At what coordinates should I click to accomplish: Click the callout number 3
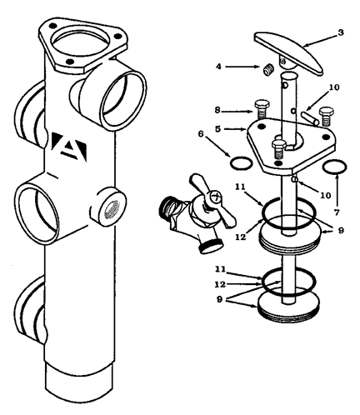(340, 32)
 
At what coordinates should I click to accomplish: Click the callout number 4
(219, 67)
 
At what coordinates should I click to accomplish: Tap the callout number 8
(217, 110)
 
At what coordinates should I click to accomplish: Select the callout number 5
(218, 129)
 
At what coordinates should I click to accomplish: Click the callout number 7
(337, 212)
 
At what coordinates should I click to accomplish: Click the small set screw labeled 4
(268, 70)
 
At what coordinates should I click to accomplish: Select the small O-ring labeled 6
(242, 162)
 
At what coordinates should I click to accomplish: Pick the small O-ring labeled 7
(335, 167)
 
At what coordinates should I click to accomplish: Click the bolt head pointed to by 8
(262, 105)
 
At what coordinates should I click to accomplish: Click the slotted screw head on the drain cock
(216, 197)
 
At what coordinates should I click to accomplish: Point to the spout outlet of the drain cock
(212, 246)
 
